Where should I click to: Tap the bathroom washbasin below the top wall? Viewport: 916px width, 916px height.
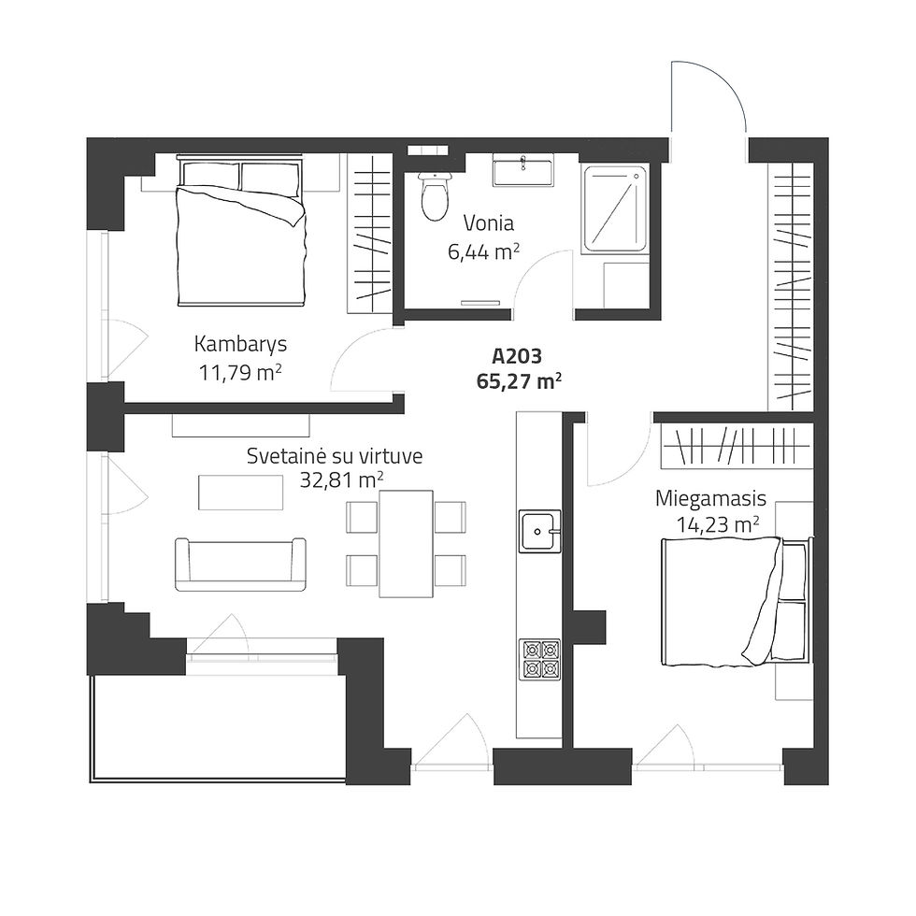(522, 170)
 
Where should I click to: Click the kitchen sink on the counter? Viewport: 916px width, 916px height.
(540, 531)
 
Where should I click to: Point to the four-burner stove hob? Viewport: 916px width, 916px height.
(540, 659)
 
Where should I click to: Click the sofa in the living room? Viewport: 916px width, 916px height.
(240, 565)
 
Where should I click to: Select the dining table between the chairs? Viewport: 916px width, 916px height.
(406, 544)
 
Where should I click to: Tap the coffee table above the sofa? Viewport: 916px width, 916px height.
(241, 493)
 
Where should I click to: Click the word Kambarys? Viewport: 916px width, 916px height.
(240, 344)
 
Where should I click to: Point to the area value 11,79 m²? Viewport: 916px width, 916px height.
(240, 372)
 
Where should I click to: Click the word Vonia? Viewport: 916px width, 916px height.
(488, 222)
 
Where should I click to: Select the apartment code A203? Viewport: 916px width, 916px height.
(517, 356)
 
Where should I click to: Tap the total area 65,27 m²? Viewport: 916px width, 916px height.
(520, 381)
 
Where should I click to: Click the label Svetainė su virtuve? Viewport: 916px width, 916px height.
(335, 456)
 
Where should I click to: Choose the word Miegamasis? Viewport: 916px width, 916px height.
(710, 499)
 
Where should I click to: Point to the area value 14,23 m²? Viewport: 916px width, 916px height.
(718, 524)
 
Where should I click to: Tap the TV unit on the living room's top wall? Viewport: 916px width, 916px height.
(241, 425)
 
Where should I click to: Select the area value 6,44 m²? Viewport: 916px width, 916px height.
(484, 252)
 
